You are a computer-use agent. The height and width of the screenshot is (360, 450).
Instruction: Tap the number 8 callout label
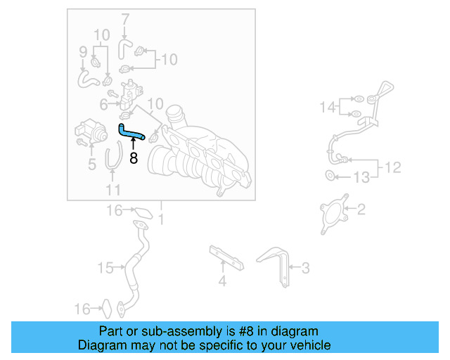(x=134, y=158)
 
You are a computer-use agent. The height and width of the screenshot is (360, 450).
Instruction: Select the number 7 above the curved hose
(x=125, y=18)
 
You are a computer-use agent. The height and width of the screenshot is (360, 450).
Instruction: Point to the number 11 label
(x=113, y=190)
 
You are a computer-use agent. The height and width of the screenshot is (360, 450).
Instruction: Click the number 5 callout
(x=91, y=165)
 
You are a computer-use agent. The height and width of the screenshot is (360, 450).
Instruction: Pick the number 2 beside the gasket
(x=361, y=210)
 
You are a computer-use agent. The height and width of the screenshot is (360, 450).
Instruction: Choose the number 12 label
(x=394, y=167)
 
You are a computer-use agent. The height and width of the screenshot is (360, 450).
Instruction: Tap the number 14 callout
(x=328, y=107)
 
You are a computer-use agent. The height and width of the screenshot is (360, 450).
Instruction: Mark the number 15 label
(x=105, y=268)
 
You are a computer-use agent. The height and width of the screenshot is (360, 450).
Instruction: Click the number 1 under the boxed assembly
(x=160, y=220)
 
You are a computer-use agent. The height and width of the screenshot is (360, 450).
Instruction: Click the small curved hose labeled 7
(x=125, y=47)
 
